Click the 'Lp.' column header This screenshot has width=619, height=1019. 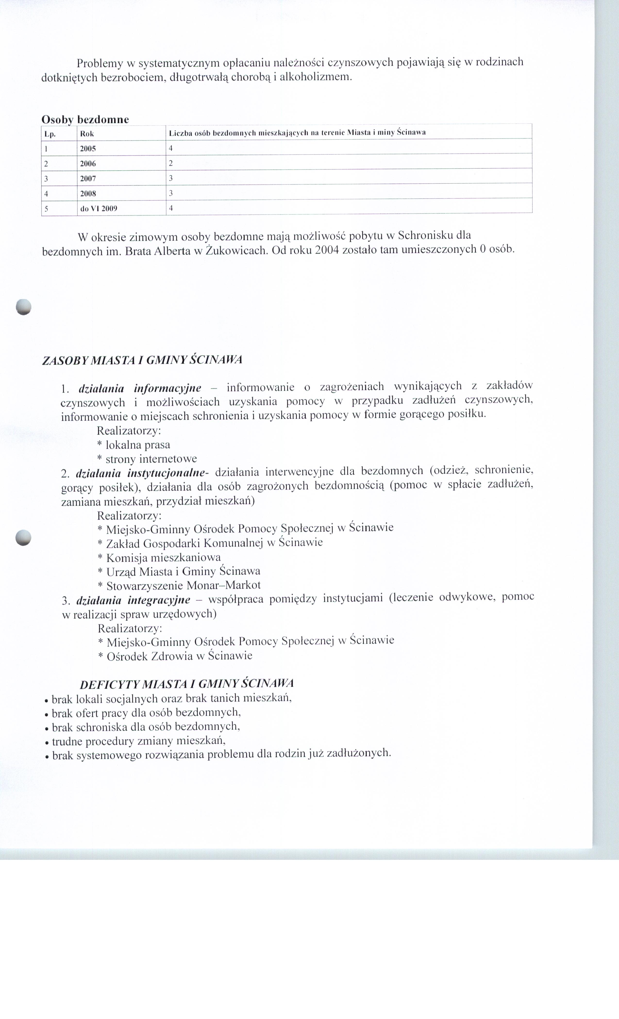pos(50,134)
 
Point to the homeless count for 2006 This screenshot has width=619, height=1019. pos(171,163)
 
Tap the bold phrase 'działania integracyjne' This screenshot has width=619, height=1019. pos(133,600)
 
